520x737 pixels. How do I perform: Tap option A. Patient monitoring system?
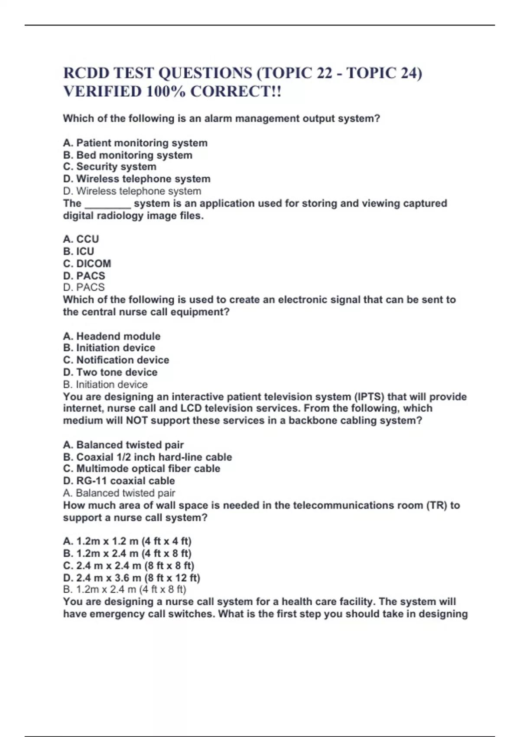(135, 143)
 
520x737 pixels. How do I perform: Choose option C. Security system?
(110, 167)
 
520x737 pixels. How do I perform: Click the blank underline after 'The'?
(107, 204)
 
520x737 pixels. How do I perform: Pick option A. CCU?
(81, 239)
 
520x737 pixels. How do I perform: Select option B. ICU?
(78, 251)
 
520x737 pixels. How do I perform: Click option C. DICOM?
(87, 264)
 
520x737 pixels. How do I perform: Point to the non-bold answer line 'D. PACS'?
(84, 287)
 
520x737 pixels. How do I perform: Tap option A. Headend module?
(112, 336)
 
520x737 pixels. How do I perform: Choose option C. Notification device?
(116, 360)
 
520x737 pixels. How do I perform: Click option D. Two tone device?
(110, 372)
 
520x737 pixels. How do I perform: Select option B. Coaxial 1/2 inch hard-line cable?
(147, 457)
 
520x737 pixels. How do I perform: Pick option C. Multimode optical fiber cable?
(142, 469)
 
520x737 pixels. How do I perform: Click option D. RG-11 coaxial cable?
(119, 481)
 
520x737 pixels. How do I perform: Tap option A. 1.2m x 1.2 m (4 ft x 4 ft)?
(127, 541)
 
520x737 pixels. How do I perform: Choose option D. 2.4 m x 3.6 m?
(132, 578)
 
